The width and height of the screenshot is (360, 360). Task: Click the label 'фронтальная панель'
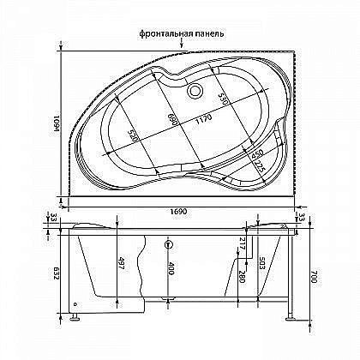181,33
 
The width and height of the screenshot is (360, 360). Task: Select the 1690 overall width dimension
178,210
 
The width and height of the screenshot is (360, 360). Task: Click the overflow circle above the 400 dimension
168,241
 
